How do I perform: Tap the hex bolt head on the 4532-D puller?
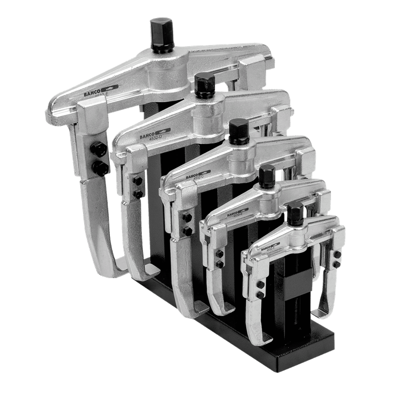tap(204, 84)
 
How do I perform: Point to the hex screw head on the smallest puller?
tap(295, 212)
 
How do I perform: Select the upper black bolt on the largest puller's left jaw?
tap(98, 148)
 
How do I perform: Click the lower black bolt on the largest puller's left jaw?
tap(101, 167)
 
